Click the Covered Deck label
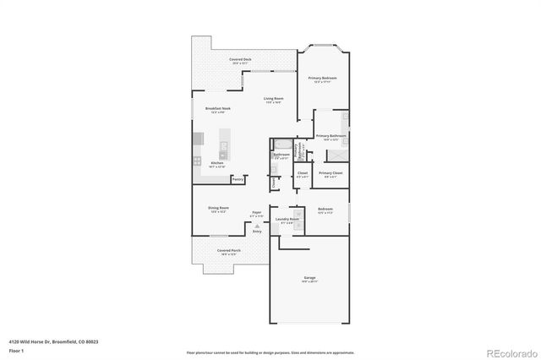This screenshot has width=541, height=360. point(241,59)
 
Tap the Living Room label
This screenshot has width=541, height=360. point(272,99)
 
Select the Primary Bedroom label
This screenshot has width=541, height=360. point(322,78)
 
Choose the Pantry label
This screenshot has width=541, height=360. point(238,179)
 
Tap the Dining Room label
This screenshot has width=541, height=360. point(219,208)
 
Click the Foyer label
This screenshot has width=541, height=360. point(256,212)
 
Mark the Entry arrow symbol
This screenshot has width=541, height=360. point(256,226)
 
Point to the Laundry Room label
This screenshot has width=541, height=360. point(287,219)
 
